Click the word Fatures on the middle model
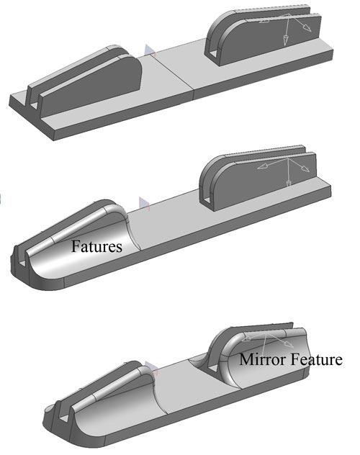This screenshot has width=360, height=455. [96, 246]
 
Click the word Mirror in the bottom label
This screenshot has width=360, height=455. [263, 359]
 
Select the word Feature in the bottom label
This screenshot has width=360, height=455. [317, 359]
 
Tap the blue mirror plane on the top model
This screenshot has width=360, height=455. [150, 52]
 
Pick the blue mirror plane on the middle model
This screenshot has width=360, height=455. [144, 204]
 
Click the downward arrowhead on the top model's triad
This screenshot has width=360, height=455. [286, 40]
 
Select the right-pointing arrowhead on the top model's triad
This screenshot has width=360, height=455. [307, 27]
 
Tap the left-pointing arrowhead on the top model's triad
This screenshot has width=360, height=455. [264, 21]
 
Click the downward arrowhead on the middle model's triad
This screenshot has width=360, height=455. [288, 184]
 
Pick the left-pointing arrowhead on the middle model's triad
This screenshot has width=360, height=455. [262, 166]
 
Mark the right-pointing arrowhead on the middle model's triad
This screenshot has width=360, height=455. [305, 168]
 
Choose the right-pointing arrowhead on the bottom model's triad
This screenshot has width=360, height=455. [288, 344]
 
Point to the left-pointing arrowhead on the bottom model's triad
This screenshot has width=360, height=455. [246, 338]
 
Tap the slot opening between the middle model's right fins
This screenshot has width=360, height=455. [206, 199]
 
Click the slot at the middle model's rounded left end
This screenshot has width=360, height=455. [22, 261]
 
